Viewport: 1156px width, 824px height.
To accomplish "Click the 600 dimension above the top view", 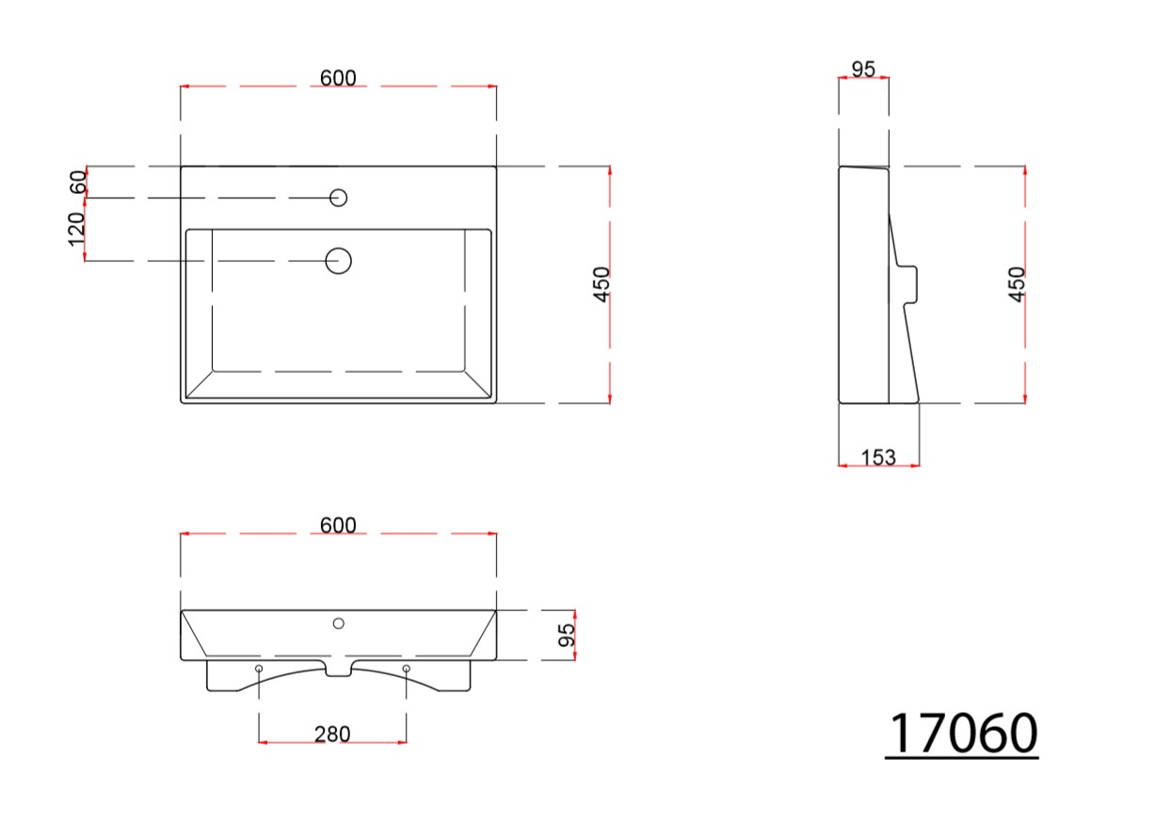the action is [x=338, y=78].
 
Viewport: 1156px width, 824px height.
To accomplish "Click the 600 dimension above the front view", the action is [x=338, y=525].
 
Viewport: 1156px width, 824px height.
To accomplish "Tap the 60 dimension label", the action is [x=78, y=181].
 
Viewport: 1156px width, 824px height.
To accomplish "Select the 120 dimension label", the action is [x=76, y=229].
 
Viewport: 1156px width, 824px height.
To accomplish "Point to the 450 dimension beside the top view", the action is [x=602, y=284].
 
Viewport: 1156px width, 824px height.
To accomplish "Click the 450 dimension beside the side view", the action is [x=1017, y=284].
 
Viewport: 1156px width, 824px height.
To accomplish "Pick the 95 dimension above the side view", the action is [x=863, y=69].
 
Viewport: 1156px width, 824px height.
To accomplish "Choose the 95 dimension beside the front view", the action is [x=567, y=635].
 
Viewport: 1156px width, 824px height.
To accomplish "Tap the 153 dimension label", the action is [x=878, y=458].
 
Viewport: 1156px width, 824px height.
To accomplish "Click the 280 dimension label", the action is [x=332, y=735].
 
